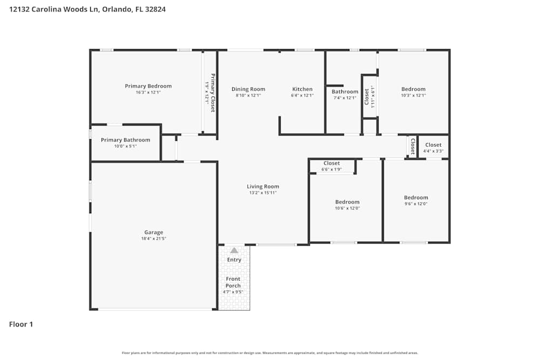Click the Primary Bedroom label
click(x=148, y=86)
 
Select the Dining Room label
click(x=248, y=89)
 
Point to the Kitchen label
click(x=302, y=89)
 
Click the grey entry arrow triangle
click(x=234, y=250)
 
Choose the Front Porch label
click(x=233, y=282)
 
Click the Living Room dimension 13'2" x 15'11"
click(x=263, y=193)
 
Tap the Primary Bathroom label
click(x=125, y=140)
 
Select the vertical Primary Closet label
click(x=213, y=92)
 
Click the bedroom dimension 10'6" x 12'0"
click(x=347, y=208)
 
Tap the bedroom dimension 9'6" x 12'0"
click(x=416, y=204)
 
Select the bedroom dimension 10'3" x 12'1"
click(x=413, y=96)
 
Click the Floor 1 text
click(x=21, y=324)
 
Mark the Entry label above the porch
click(x=234, y=260)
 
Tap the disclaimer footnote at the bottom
click(x=270, y=353)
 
